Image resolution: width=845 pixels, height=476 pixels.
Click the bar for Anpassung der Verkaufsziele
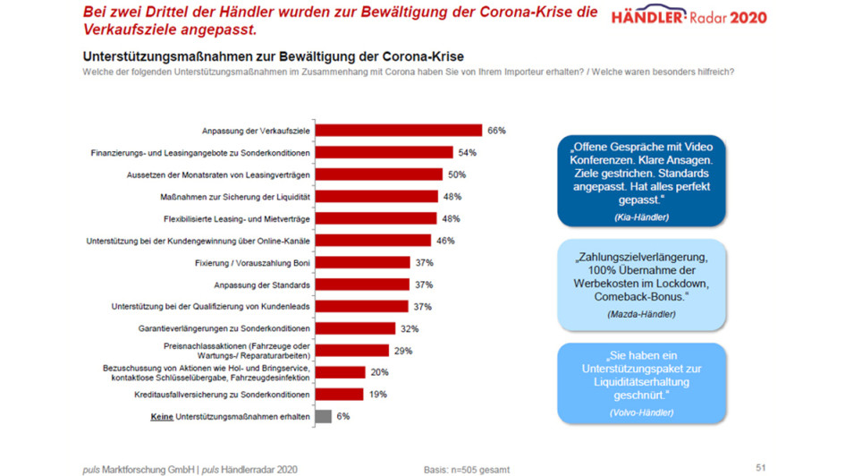coord(400,131)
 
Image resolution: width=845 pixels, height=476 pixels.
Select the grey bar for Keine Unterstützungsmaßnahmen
coord(323,416)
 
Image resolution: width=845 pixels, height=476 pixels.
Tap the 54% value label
coord(467,153)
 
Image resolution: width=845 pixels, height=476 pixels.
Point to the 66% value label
coord(497,131)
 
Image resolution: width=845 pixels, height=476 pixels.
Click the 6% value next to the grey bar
coord(343,416)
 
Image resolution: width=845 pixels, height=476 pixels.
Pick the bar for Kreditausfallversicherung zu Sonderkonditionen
coord(339,394)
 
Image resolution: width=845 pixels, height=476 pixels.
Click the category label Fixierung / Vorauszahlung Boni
coord(252,262)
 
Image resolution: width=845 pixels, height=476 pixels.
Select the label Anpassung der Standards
coord(262,285)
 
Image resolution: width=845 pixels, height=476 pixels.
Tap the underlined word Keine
coord(161,416)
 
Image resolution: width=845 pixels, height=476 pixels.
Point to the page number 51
coord(761,467)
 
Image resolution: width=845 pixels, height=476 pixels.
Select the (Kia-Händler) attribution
coord(641,217)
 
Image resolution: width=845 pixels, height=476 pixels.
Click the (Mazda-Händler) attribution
coord(641,314)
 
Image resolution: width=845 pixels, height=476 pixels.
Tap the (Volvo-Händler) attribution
coord(641,412)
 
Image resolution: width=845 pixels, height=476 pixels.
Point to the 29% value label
coord(403,351)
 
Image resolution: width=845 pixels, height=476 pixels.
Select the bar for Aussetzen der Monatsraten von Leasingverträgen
coord(379,174)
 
